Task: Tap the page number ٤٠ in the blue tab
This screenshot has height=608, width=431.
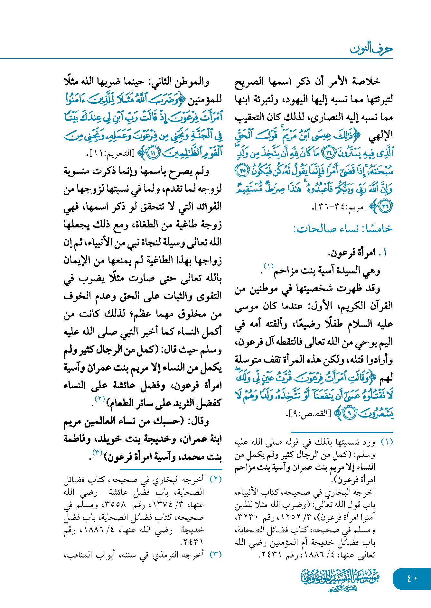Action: (x=412, y=578)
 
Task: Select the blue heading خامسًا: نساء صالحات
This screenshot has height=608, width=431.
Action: (x=343, y=229)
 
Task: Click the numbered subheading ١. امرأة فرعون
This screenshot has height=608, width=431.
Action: (x=357, y=253)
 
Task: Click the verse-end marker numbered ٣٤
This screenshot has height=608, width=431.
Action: (x=329, y=153)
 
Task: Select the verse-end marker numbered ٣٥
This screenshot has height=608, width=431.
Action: (x=242, y=170)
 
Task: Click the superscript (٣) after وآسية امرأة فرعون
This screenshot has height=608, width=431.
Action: (x=97, y=452)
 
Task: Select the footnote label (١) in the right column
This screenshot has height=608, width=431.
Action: (x=387, y=442)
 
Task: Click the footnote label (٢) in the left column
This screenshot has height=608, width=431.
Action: (x=216, y=479)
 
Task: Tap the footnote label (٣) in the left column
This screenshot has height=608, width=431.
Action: (x=216, y=555)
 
